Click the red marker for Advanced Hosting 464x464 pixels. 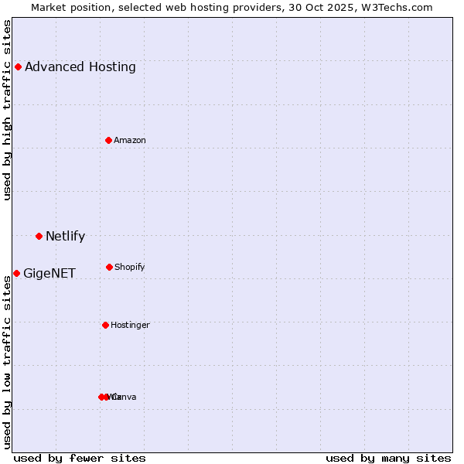pos(18,67)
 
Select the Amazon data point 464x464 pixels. pos(108,140)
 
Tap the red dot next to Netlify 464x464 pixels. pos(39,236)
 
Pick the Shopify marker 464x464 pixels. pos(109,267)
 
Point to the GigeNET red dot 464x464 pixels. pos(16,273)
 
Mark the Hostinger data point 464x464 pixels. pos(105,325)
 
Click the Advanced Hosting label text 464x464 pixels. pos(80,67)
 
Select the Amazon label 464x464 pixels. pos(130,141)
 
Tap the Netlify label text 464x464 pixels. pos(65,237)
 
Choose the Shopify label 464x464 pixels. pos(130,268)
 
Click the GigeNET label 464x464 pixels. pos(49,274)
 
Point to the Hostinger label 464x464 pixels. pos(130,326)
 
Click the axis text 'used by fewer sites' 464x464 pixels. pos(80,458)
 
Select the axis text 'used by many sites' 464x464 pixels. pos(388,458)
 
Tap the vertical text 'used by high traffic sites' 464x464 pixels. pos(8,110)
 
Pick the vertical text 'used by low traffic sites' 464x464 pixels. pos(8,361)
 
